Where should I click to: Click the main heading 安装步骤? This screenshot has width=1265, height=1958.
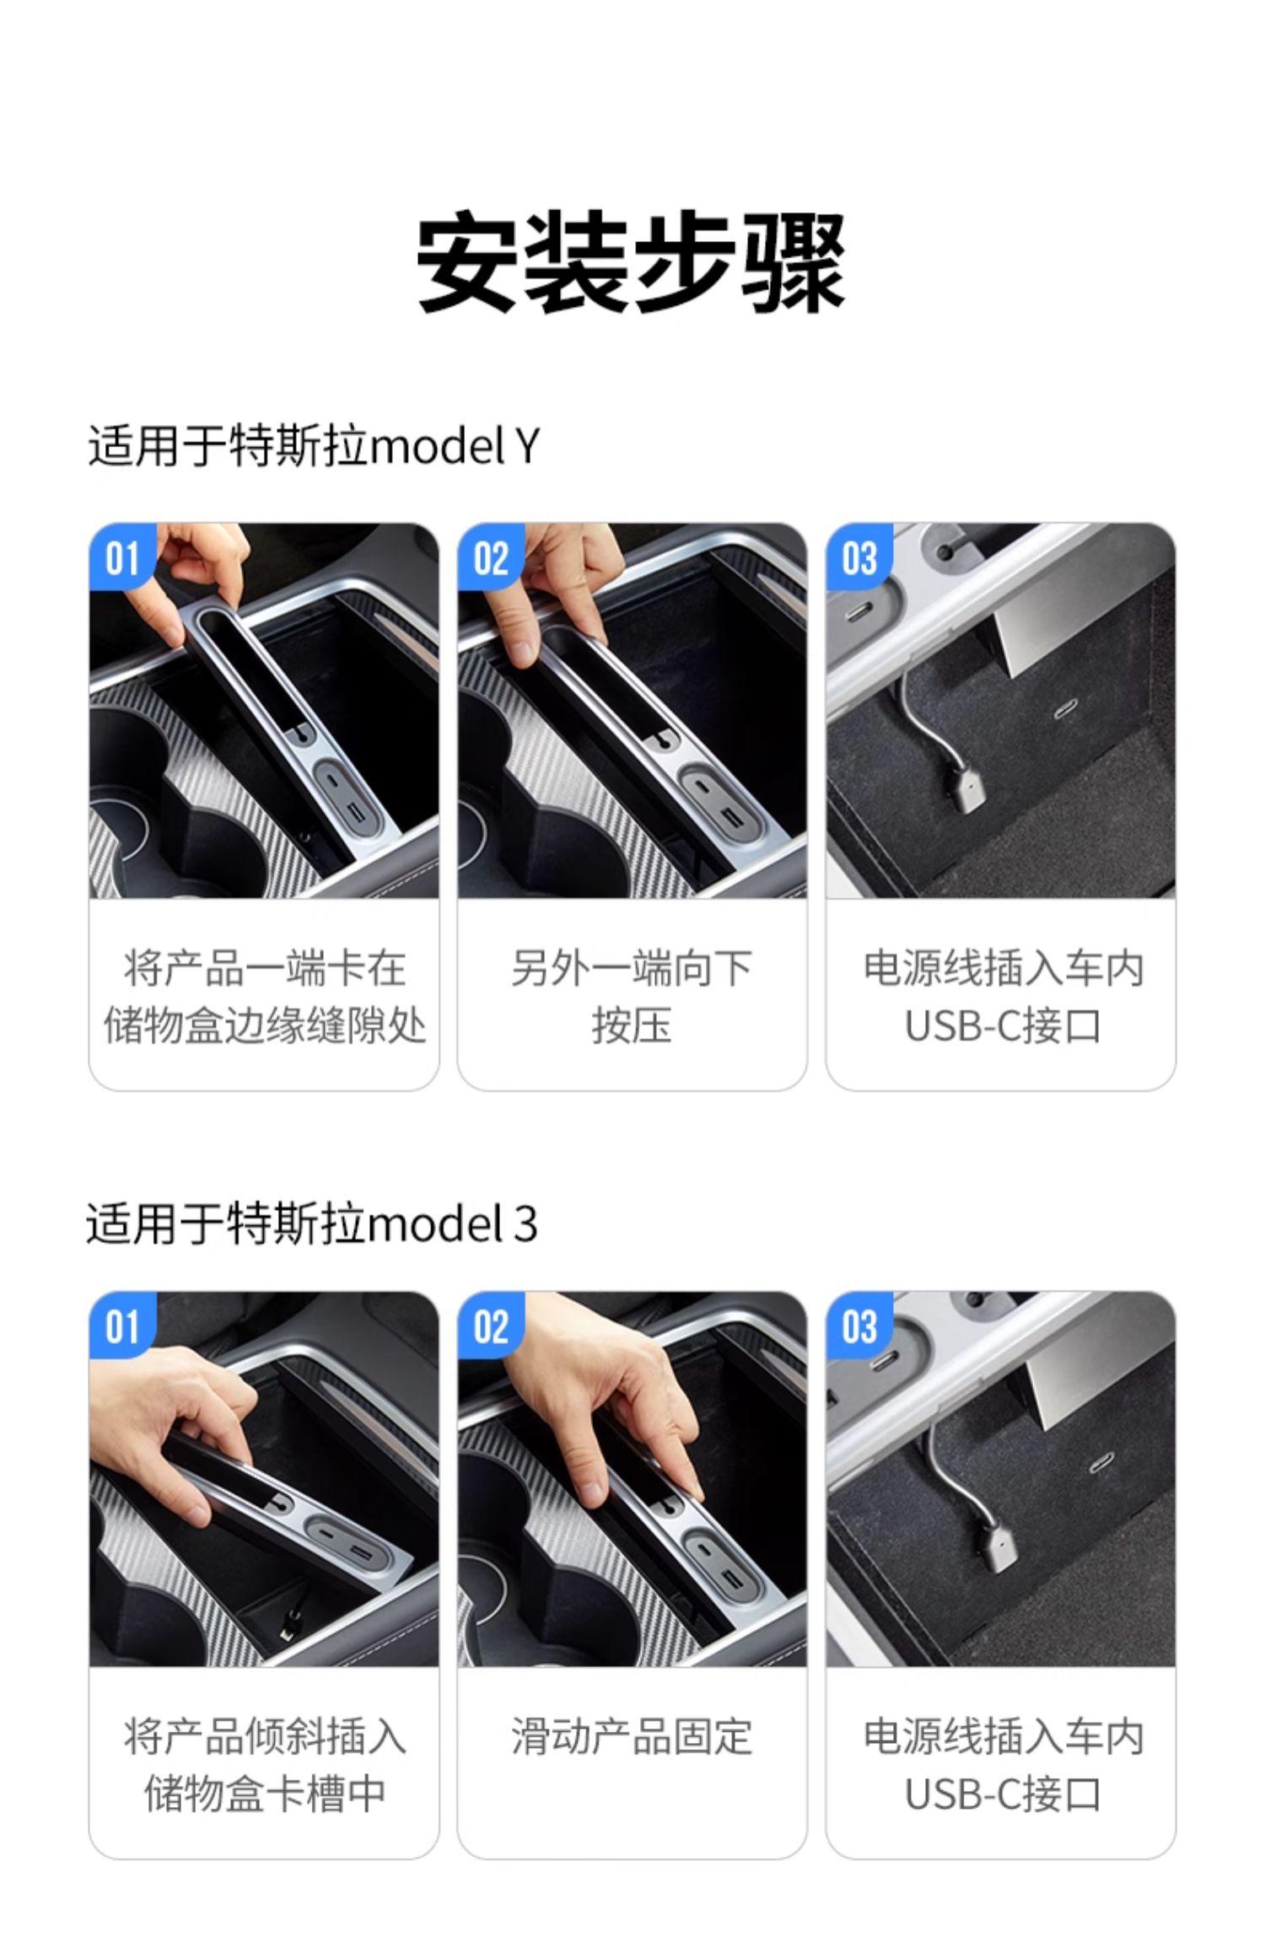(631, 263)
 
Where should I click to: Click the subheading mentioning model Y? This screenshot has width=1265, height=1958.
(313, 446)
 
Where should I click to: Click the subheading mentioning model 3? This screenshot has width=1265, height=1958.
(311, 1224)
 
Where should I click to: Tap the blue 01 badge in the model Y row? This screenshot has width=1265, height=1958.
(122, 558)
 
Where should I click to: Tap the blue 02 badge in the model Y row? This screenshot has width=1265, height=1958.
(491, 558)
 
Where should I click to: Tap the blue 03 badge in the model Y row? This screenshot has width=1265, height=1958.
(859, 558)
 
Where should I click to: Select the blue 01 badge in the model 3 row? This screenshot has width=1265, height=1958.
(122, 1327)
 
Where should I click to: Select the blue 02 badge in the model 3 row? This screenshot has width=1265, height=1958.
(491, 1327)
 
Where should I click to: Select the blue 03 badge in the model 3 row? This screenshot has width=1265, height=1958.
(859, 1327)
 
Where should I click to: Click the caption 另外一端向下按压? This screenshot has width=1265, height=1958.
(631, 997)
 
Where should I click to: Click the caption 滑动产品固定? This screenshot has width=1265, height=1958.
(631, 1736)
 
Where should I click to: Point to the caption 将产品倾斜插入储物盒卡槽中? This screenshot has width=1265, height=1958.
(264, 1764)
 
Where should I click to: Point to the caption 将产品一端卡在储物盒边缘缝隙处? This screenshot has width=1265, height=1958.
(264, 997)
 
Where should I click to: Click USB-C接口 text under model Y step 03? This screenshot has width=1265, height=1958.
(1002, 1026)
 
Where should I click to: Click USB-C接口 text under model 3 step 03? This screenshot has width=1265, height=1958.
(1002, 1794)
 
